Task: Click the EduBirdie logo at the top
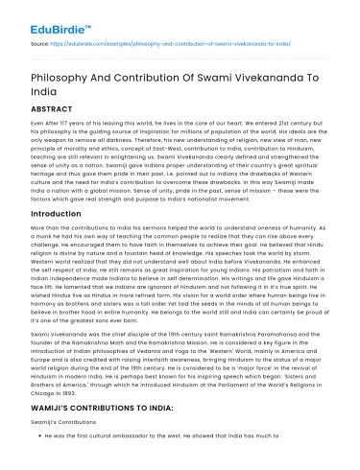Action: [45, 16]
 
